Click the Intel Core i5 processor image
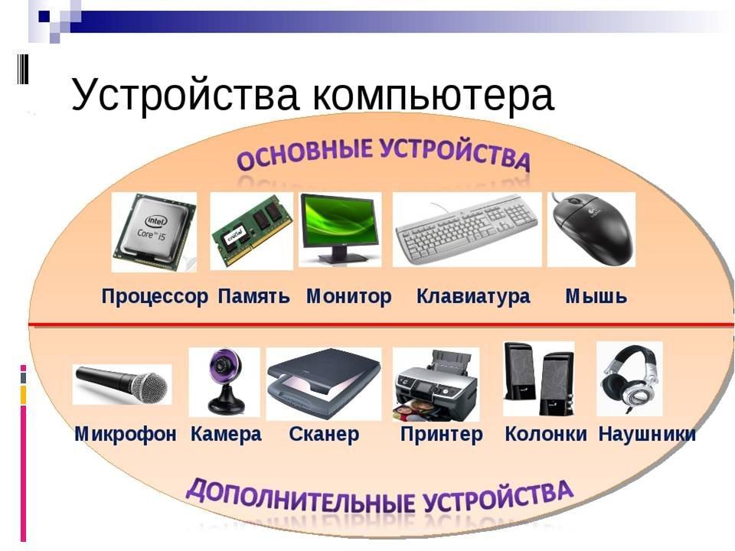click(154, 232)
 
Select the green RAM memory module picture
click(252, 230)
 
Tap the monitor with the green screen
click(340, 229)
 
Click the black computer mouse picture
click(592, 229)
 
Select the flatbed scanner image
click(324, 383)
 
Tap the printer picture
click(436, 384)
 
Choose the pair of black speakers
click(538, 379)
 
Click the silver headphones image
click(629, 379)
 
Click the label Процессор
click(155, 297)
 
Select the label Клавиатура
click(473, 296)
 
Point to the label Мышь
click(596, 296)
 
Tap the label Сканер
click(324, 434)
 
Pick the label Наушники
click(647, 434)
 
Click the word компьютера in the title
click(432, 95)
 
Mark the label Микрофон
click(126, 434)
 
